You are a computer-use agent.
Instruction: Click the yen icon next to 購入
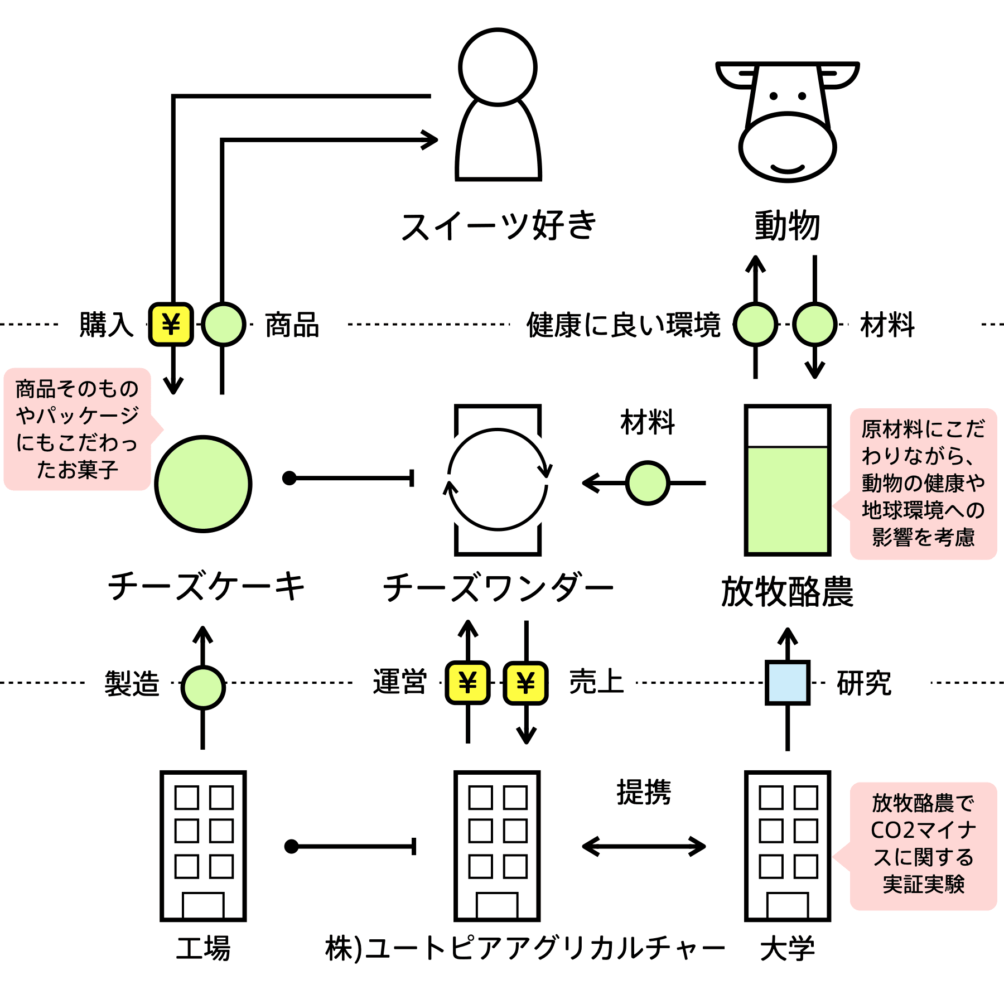[x=171, y=324]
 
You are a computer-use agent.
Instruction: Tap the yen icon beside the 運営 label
[x=467, y=682]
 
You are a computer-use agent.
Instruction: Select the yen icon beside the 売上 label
[x=525, y=682]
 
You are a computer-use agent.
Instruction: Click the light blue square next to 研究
[x=787, y=682]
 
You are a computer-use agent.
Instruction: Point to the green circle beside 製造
[x=203, y=687]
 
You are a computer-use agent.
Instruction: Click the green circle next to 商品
[x=223, y=324]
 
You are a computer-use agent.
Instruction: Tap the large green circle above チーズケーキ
[x=203, y=484]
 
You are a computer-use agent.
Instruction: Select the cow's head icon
[x=787, y=122]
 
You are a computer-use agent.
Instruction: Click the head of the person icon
[x=498, y=67]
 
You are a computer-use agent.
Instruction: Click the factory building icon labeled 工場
[x=203, y=846]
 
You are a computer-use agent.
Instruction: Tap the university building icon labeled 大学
[x=787, y=846]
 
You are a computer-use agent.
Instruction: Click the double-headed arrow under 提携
[x=644, y=846]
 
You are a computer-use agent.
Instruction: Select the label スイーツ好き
[x=498, y=226]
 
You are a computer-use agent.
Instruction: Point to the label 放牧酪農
[x=787, y=592]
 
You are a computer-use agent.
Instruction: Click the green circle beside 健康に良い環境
[x=755, y=324]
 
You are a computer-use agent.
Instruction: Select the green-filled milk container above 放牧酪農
[x=787, y=480]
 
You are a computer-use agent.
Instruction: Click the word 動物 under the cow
[x=787, y=226]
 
